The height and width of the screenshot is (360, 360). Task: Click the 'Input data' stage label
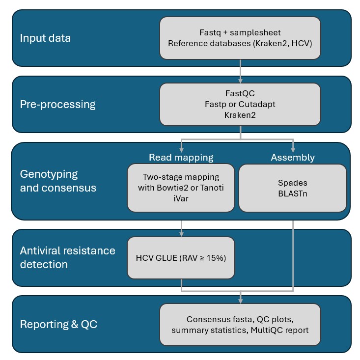coord(45,38)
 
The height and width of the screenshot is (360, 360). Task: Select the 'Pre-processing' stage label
coord(57,104)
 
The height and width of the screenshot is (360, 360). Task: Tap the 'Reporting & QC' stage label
coord(58,324)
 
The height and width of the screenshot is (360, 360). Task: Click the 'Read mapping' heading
coord(181,157)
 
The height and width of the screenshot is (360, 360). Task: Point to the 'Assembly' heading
coord(293,157)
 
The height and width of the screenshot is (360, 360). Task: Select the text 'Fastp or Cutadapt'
coord(240,104)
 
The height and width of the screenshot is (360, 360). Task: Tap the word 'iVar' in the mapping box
coord(181,199)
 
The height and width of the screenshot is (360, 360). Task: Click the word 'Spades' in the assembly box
coord(293,182)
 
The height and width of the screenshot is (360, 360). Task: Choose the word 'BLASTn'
coord(293,194)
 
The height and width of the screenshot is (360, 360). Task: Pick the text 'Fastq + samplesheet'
coord(240,32)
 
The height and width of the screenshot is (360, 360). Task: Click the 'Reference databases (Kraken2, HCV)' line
coord(240,43)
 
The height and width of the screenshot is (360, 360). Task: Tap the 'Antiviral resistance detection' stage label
coord(67,257)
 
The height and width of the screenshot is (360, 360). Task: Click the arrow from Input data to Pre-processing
coord(240,71)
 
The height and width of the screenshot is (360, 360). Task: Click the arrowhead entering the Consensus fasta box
coord(240,300)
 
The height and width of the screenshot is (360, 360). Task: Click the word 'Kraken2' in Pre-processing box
coord(240,115)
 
